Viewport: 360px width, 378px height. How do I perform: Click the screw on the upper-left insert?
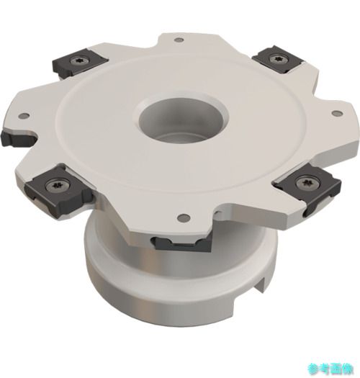point(78,61)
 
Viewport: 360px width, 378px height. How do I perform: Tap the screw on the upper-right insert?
point(276,58)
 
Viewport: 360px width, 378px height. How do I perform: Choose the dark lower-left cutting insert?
point(58,191)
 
